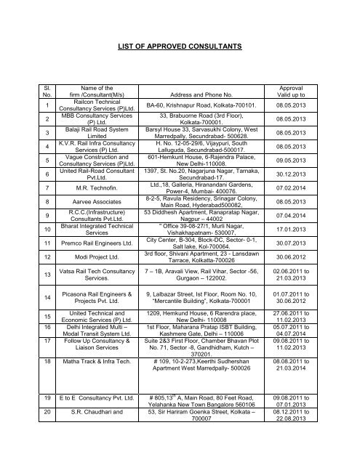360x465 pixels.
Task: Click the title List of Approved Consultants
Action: click(x=180, y=46)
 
